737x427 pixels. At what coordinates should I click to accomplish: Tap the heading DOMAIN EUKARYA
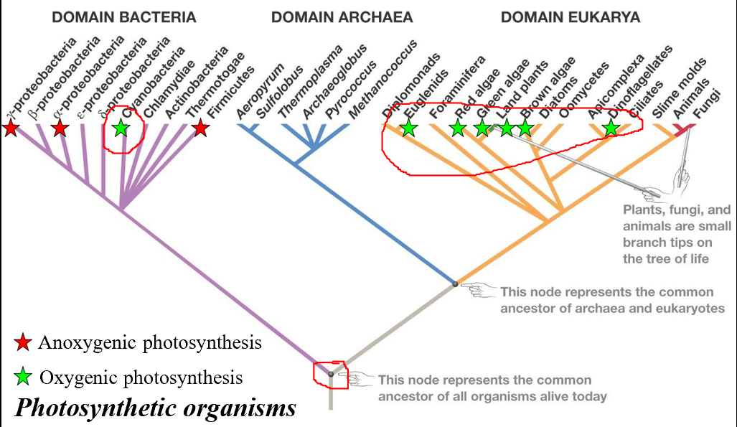tap(560, 17)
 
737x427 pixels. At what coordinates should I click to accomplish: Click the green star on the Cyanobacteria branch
tap(121, 128)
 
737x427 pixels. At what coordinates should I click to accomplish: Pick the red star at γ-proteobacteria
tap(10, 128)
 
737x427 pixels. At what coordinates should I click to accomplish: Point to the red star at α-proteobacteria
tap(60, 128)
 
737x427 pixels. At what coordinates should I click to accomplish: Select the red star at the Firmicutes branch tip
tap(201, 128)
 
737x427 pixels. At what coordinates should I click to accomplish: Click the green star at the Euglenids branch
tap(408, 128)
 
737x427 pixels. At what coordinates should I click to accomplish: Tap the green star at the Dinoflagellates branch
tap(611, 128)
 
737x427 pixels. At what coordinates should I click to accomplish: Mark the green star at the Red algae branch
tap(458, 128)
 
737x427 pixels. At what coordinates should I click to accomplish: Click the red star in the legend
tap(24, 343)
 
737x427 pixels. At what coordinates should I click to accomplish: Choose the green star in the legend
tap(24, 376)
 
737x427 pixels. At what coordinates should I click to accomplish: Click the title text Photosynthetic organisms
tap(155, 408)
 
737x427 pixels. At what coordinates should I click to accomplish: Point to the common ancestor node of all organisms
tap(331, 374)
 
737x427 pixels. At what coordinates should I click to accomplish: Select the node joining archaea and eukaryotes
tap(455, 284)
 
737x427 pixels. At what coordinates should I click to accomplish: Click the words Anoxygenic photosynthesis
tap(150, 343)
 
